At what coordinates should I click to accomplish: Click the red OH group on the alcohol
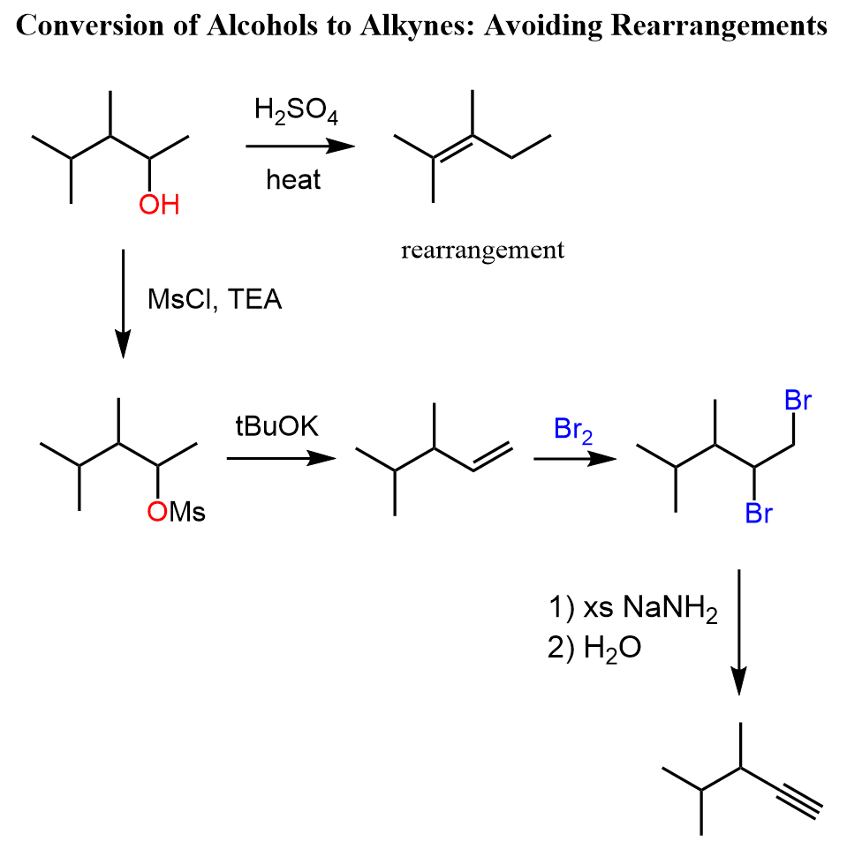[x=159, y=206]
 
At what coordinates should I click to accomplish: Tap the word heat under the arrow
[x=294, y=179]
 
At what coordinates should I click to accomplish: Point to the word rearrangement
[x=482, y=251]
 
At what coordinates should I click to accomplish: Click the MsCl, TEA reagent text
[x=215, y=299]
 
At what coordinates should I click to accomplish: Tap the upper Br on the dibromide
[x=798, y=402]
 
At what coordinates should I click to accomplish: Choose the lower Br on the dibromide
[x=759, y=513]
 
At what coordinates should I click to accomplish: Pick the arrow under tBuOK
[x=282, y=458]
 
